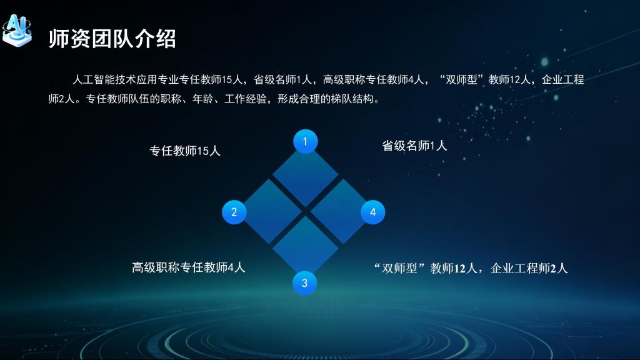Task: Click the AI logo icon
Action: (17, 30)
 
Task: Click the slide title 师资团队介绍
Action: (112, 39)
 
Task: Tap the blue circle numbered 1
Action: (305, 141)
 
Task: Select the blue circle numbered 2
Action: (234, 212)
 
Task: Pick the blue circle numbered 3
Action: (304, 283)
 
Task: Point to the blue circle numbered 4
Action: (372, 212)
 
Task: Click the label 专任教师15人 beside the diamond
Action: (185, 151)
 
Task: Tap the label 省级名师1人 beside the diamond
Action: (414, 146)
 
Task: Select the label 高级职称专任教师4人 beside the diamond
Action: (188, 267)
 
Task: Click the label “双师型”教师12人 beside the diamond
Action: (425, 268)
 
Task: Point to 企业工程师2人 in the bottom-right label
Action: (529, 268)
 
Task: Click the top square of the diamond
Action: (305, 175)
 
